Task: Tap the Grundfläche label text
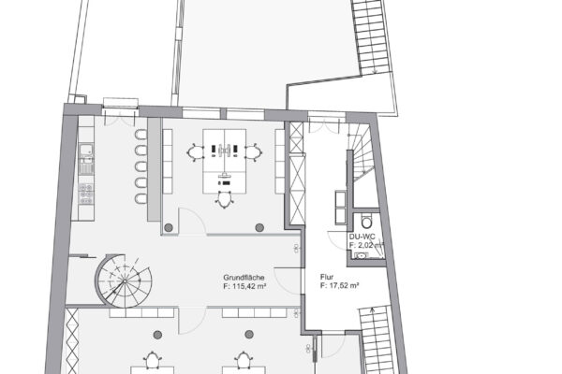coord(243,278)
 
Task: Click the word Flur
coord(327,278)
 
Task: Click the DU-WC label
coord(361,237)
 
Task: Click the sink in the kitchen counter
coord(86,152)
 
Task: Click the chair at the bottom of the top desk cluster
coord(224,196)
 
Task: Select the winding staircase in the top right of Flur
coord(362,165)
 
